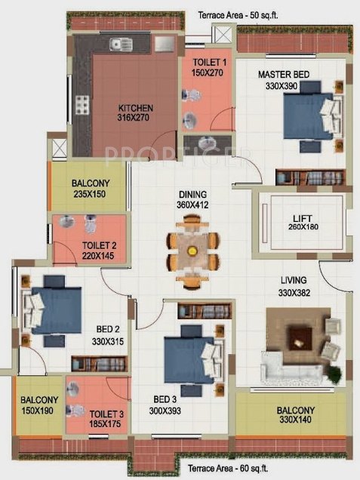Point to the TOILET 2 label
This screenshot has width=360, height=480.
[77, 251]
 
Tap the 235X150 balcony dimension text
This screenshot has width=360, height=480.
[91, 194]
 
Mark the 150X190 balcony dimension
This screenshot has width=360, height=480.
[35, 411]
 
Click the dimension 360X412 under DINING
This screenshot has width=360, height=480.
[188, 205]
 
